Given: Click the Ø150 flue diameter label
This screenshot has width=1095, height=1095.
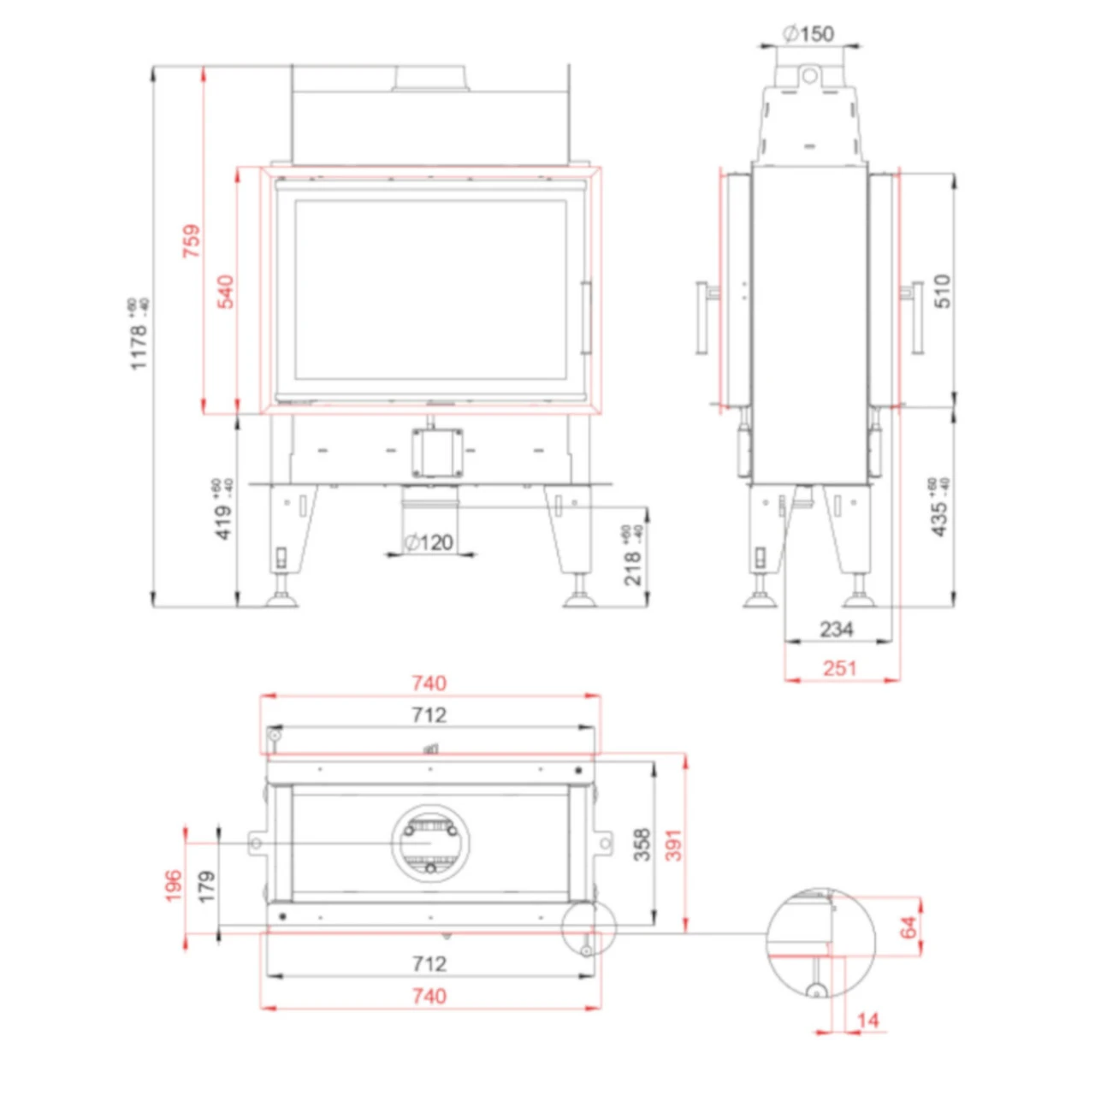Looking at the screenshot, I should click(x=808, y=33).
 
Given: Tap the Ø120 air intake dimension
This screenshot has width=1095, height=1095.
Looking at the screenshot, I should click(x=429, y=542).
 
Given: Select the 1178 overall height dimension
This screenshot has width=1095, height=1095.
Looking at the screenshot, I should click(x=139, y=335).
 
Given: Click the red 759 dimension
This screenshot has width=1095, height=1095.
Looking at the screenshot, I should click(x=191, y=241).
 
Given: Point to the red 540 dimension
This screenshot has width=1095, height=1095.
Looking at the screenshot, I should click(x=225, y=292).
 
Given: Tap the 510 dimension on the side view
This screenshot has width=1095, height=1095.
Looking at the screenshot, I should click(x=942, y=292).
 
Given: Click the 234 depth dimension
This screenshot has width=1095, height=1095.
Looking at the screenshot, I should click(x=836, y=630).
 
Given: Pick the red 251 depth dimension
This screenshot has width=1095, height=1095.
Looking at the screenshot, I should click(x=839, y=668).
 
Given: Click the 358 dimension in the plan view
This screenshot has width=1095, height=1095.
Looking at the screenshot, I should click(x=642, y=844).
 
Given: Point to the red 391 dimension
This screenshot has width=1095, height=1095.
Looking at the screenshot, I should click(x=674, y=844).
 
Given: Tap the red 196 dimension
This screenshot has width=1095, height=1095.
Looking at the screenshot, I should click(x=174, y=885).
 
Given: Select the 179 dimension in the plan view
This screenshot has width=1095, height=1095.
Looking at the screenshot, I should click(x=205, y=887).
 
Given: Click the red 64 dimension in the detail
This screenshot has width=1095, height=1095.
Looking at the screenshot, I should click(x=909, y=926).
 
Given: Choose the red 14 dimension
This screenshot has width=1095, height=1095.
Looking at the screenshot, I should click(x=867, y=1020).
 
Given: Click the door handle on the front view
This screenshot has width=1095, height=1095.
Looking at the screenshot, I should click(x=586, y=317).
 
